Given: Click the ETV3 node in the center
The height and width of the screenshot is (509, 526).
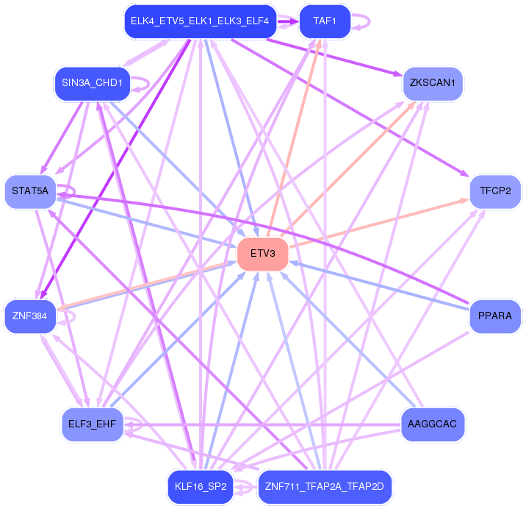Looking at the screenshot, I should [262, 254].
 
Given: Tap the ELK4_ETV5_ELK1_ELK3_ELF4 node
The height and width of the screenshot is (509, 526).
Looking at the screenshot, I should [199, 21].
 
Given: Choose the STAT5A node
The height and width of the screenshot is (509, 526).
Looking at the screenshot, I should [30, 191].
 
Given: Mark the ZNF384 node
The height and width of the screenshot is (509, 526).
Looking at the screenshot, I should [30, 316].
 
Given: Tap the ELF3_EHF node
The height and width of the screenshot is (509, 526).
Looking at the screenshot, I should [92, 424].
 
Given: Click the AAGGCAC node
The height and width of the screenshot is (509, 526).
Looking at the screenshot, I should [433, 424].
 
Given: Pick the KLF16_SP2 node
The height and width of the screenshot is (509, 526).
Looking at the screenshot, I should [199, 487].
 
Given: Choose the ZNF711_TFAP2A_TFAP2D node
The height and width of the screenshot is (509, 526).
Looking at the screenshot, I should [324, 487].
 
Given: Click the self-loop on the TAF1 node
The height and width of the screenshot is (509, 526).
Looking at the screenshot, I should [359, 21].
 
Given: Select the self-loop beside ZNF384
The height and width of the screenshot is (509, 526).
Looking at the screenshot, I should [69, 317].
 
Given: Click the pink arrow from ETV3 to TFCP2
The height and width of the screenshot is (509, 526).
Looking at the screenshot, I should [382, 223].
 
